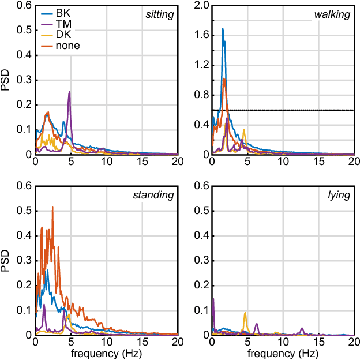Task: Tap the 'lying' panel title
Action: coord(339,195)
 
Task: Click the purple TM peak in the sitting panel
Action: coord(70,92)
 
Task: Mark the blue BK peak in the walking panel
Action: coord(223,29)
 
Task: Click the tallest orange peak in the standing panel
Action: coord(52,207)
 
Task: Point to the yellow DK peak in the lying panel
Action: coord(245,313)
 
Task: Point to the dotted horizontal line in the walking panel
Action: coord(288,110)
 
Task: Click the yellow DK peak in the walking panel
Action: coord(245,130)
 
